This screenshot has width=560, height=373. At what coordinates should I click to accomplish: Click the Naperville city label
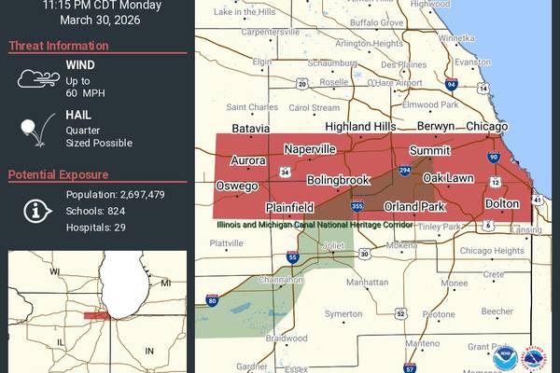tap(309, 149)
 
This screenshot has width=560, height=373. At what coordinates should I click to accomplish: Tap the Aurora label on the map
tap(248, 160)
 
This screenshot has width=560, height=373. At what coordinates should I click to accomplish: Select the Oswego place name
tap(237, 186)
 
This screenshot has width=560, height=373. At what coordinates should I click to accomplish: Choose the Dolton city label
tap(502, 203)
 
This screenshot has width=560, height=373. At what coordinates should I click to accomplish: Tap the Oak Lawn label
tap(448, 178)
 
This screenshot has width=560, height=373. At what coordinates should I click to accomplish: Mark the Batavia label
tap(251, 128)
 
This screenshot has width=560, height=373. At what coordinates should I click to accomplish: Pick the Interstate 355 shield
tap(357, 206)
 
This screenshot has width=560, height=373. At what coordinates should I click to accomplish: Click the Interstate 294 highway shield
tap(405, 172)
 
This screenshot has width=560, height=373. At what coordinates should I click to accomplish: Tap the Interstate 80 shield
tap(212, 300)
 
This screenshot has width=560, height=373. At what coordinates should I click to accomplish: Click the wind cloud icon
tap(37, 79)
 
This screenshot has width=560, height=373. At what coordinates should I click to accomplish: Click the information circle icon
tap(37, 210)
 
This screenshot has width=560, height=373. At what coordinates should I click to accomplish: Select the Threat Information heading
tap(57, 46)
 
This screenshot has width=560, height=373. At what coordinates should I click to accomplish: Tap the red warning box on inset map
tap(95, 316)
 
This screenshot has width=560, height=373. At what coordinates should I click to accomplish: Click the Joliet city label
tap(333, 246)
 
